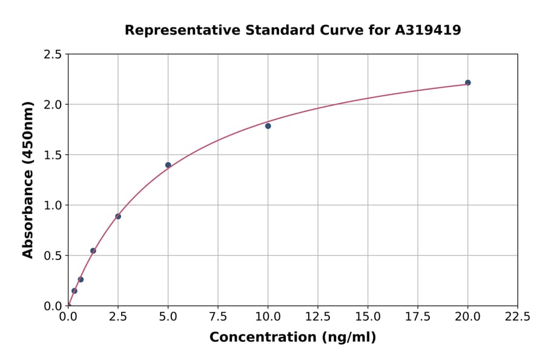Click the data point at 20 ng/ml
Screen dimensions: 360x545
click(x=467, y=82)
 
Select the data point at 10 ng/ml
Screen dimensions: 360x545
click(x=268, y=126)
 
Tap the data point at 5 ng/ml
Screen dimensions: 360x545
click(x=168, y=165)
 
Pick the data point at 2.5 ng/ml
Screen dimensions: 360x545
click(x=118, y=216)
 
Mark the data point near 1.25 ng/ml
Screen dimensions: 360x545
click(x=93, y=251)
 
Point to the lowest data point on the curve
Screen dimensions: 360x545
click(x=74, y=291)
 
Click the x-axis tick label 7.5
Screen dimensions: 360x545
click(x=218, y=316)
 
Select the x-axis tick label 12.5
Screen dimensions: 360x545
click(x=318, y=316)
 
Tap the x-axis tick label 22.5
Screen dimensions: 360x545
click(x=517, y=316)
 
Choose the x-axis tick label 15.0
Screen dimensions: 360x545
click(x=368, y=316)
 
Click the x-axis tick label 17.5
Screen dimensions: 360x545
click(x=418, y=316)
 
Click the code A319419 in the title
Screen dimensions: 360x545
click(x=428, y=30)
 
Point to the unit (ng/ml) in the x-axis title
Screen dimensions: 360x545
click(x=348, y=338)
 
